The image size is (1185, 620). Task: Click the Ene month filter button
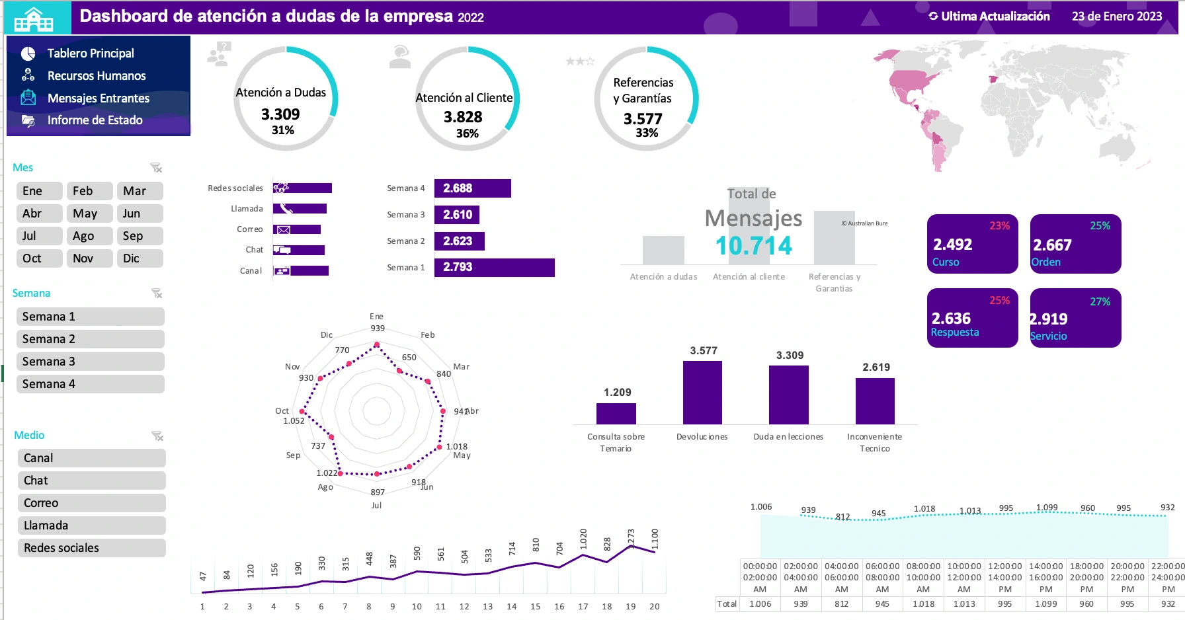click(39, 191)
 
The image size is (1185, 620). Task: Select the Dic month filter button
click(140, 258)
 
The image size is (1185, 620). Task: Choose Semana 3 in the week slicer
click(90, 362)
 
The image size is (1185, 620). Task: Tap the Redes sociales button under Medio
click(91, 548)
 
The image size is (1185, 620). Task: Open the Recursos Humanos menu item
click(97, 76)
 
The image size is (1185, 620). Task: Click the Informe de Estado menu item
click(95, 120)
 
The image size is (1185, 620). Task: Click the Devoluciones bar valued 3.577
click(702, 393)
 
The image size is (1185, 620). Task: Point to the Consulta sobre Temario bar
click(616, 414)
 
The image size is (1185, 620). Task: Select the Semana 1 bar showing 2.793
click(494, 267)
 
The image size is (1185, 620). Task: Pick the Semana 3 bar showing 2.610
click(457, 215)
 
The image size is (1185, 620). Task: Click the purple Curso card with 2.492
click(972, 244)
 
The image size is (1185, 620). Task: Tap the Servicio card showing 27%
click(1075, 318)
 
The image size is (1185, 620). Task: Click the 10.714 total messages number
click(753, 246)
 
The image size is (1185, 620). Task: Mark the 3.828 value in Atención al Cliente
click(463, 117)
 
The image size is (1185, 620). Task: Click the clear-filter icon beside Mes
click(156, 168)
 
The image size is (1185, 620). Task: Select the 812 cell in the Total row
click(841, 604)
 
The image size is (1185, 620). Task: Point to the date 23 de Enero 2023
click(1116, 17)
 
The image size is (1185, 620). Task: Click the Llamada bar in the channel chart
click(300, 209)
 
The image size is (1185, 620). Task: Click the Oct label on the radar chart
click(282, 411)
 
